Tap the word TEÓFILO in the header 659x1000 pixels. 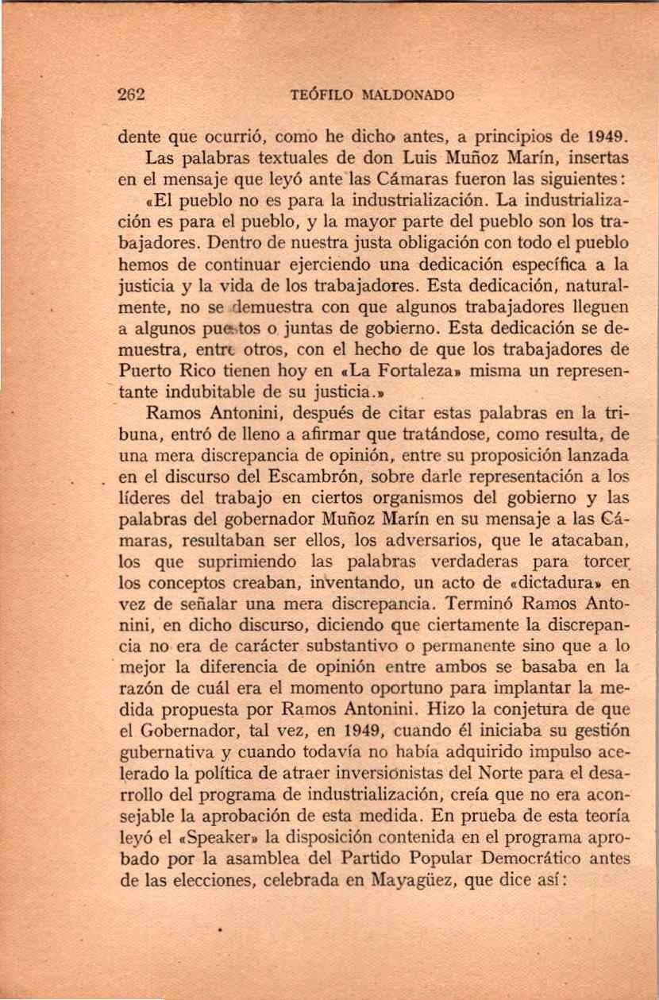pyautogui.click(x=321, y=96)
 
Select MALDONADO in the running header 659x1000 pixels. pyautogui.click(x=407, y=96)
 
